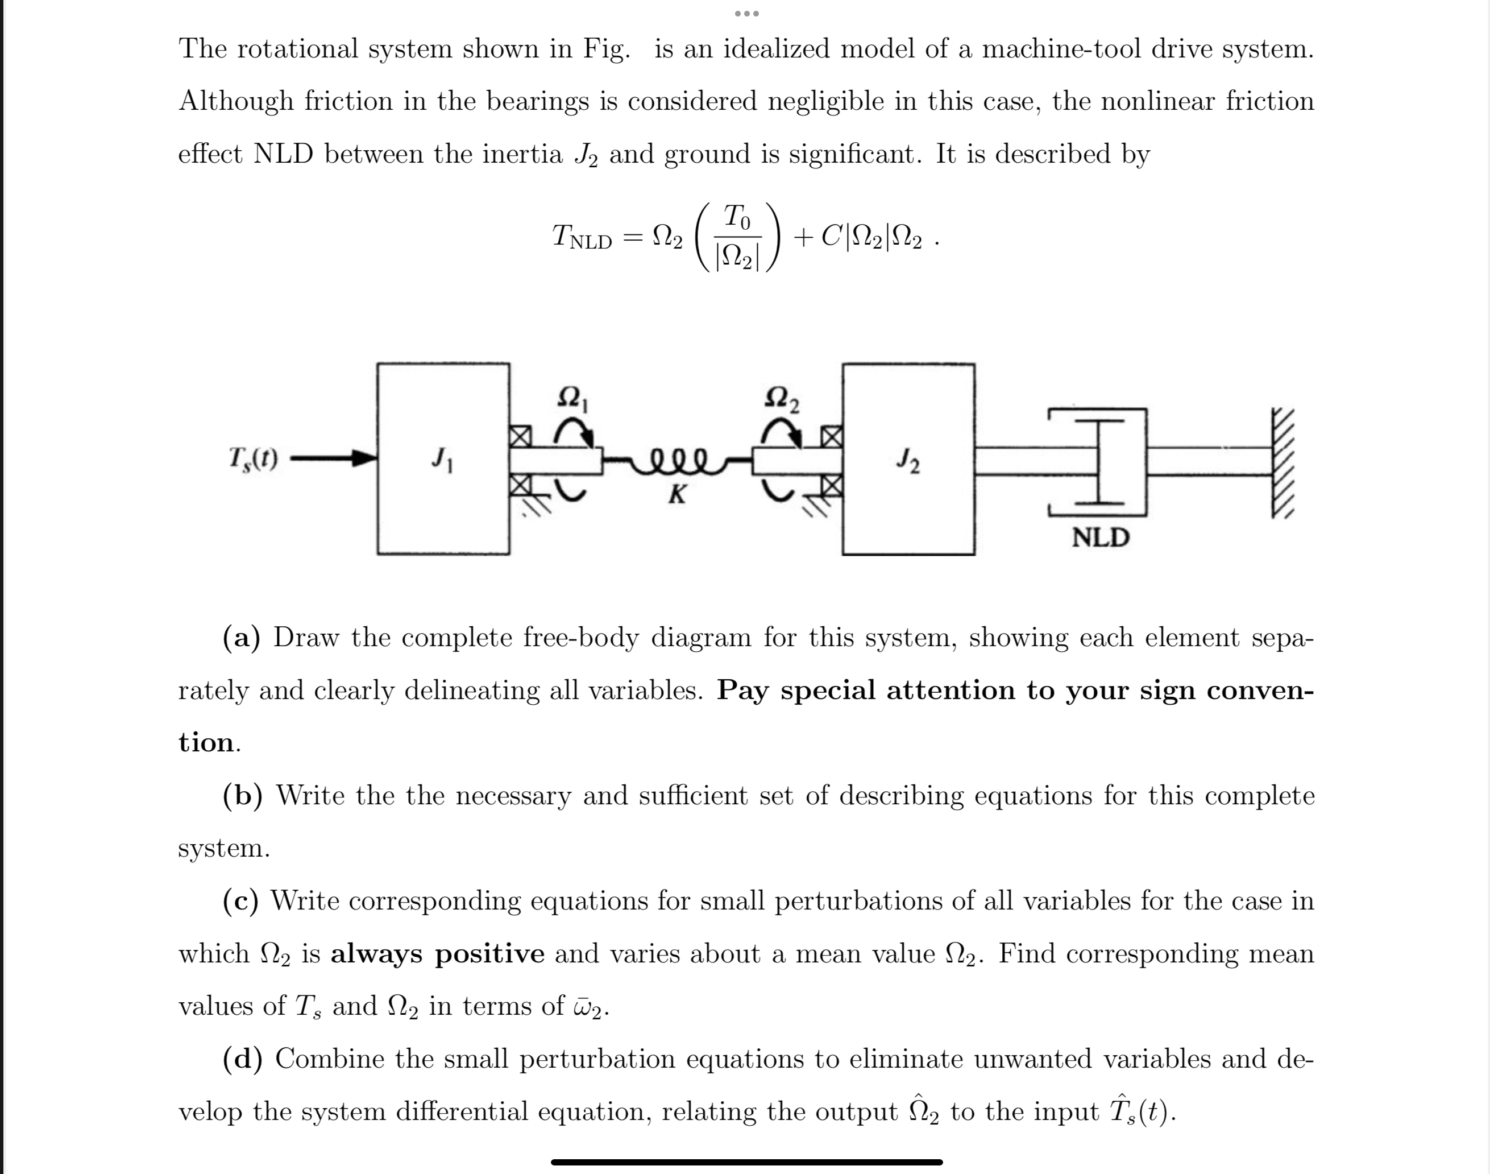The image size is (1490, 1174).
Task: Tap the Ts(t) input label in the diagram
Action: pos(253,458)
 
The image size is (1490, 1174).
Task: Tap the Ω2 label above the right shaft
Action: pos(782,399)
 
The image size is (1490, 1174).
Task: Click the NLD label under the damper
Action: pos(1101,538)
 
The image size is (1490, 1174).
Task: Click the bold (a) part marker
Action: pos(241,638)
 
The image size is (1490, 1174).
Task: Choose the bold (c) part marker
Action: pos(240,900)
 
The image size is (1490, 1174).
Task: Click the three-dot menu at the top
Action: pos(745,14)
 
